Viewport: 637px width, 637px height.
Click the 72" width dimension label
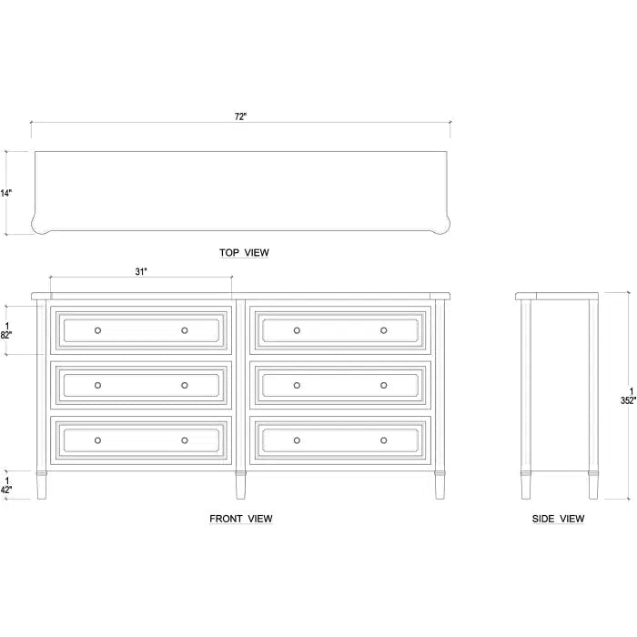(240, 116)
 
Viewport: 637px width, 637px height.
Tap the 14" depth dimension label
(7, 193)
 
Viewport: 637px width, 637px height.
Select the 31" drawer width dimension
(141, 270)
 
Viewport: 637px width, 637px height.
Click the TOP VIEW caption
(244, 253)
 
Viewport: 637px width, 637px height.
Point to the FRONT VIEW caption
(241, 519)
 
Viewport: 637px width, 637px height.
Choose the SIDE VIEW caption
(559, 519)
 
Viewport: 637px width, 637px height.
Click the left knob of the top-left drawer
(98, 330)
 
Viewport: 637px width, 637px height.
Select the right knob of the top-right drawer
(384, 330)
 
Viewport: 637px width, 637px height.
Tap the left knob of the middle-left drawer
(98, 385)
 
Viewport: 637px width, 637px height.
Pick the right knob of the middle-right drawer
(384, 385)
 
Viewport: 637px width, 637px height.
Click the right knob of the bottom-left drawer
(185, 440)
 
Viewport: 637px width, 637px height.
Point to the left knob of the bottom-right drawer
(297, 440)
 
